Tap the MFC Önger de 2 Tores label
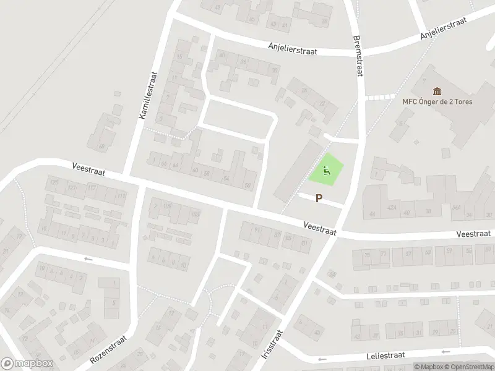438,102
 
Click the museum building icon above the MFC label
438,90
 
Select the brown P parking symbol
319,198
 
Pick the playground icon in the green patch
326,169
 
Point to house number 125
54,182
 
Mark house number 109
168,207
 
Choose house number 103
196,214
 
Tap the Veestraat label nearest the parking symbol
319,228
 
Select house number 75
367,254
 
